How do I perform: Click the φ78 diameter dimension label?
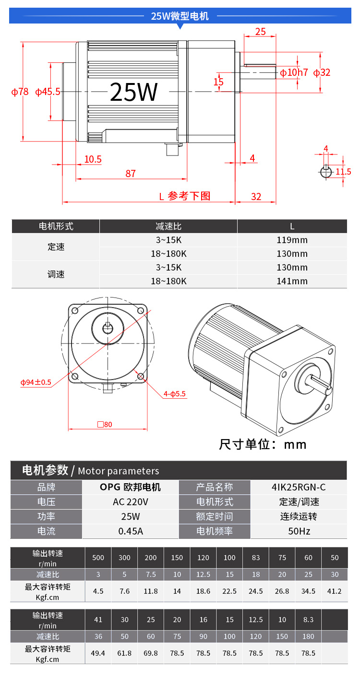tap(20, 92)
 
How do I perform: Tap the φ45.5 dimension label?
tap(48, 92)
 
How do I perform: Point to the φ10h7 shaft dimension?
tap(294, 72)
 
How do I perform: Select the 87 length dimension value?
tap(131, 173)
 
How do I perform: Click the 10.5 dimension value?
tap(93, 159)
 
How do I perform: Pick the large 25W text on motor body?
tap(134, 92)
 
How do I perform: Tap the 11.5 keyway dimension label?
tap(343, 172)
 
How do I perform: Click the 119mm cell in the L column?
tap(292, 240)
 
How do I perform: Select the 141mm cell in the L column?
tap(292, 281)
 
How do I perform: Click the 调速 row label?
tap(56, 274)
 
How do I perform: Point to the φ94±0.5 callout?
tap(36, 382)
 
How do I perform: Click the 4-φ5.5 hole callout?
tap(174, 394)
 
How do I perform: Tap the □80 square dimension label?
tap(105, 424)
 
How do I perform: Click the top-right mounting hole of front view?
tap(141, 310)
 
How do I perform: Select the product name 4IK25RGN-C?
tap(299, 487)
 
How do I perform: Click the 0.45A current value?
tap(131, 531)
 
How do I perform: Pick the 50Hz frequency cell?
tap(299, 531)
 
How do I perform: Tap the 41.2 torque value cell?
tap(334, 591)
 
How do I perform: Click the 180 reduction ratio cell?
tap(308, 636)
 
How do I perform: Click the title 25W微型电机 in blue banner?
tap(180, 16)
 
